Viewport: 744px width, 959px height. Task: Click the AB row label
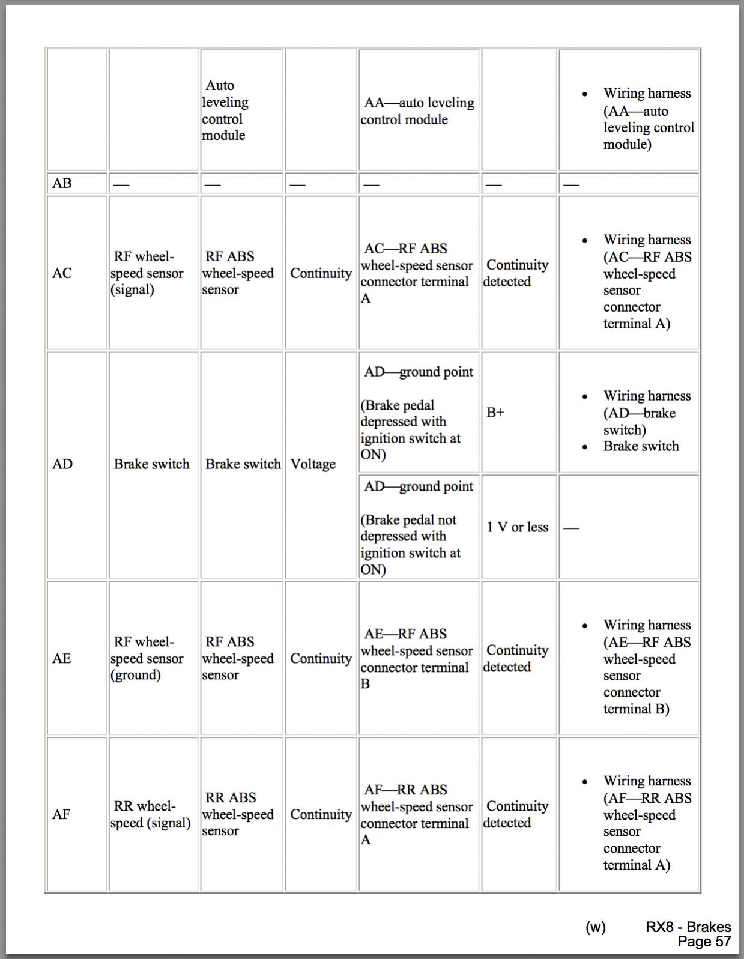click(62, 183)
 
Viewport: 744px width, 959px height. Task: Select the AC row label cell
click(62, 273)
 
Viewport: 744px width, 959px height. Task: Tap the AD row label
click(62, 464)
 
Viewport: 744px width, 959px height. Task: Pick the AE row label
click(62, 658)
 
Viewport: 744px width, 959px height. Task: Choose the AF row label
click(61, 814)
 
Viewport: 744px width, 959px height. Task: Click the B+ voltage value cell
click(495, 413)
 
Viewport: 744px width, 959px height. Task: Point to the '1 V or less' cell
click(518, 527)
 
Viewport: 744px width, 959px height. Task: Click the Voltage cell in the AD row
click(313, 464)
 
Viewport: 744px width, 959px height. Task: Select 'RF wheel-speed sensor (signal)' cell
click(148, 273)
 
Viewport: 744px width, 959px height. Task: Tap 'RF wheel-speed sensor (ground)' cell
click(148, 658)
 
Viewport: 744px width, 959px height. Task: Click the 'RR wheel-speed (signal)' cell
click(150, 814)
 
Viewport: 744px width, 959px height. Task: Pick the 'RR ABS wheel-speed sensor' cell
click(238, 814)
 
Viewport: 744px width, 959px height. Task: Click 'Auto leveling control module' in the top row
click(225, 110)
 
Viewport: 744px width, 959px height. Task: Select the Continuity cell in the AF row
click(321, 814)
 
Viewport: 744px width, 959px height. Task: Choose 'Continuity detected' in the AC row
click(516, 273)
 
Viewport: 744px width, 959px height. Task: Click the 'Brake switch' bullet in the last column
click(641, 446)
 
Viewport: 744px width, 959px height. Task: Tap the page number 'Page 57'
click(704, 942)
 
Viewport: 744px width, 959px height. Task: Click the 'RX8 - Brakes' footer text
click(688, 927)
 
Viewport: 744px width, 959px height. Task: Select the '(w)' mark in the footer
click(596, 927)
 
